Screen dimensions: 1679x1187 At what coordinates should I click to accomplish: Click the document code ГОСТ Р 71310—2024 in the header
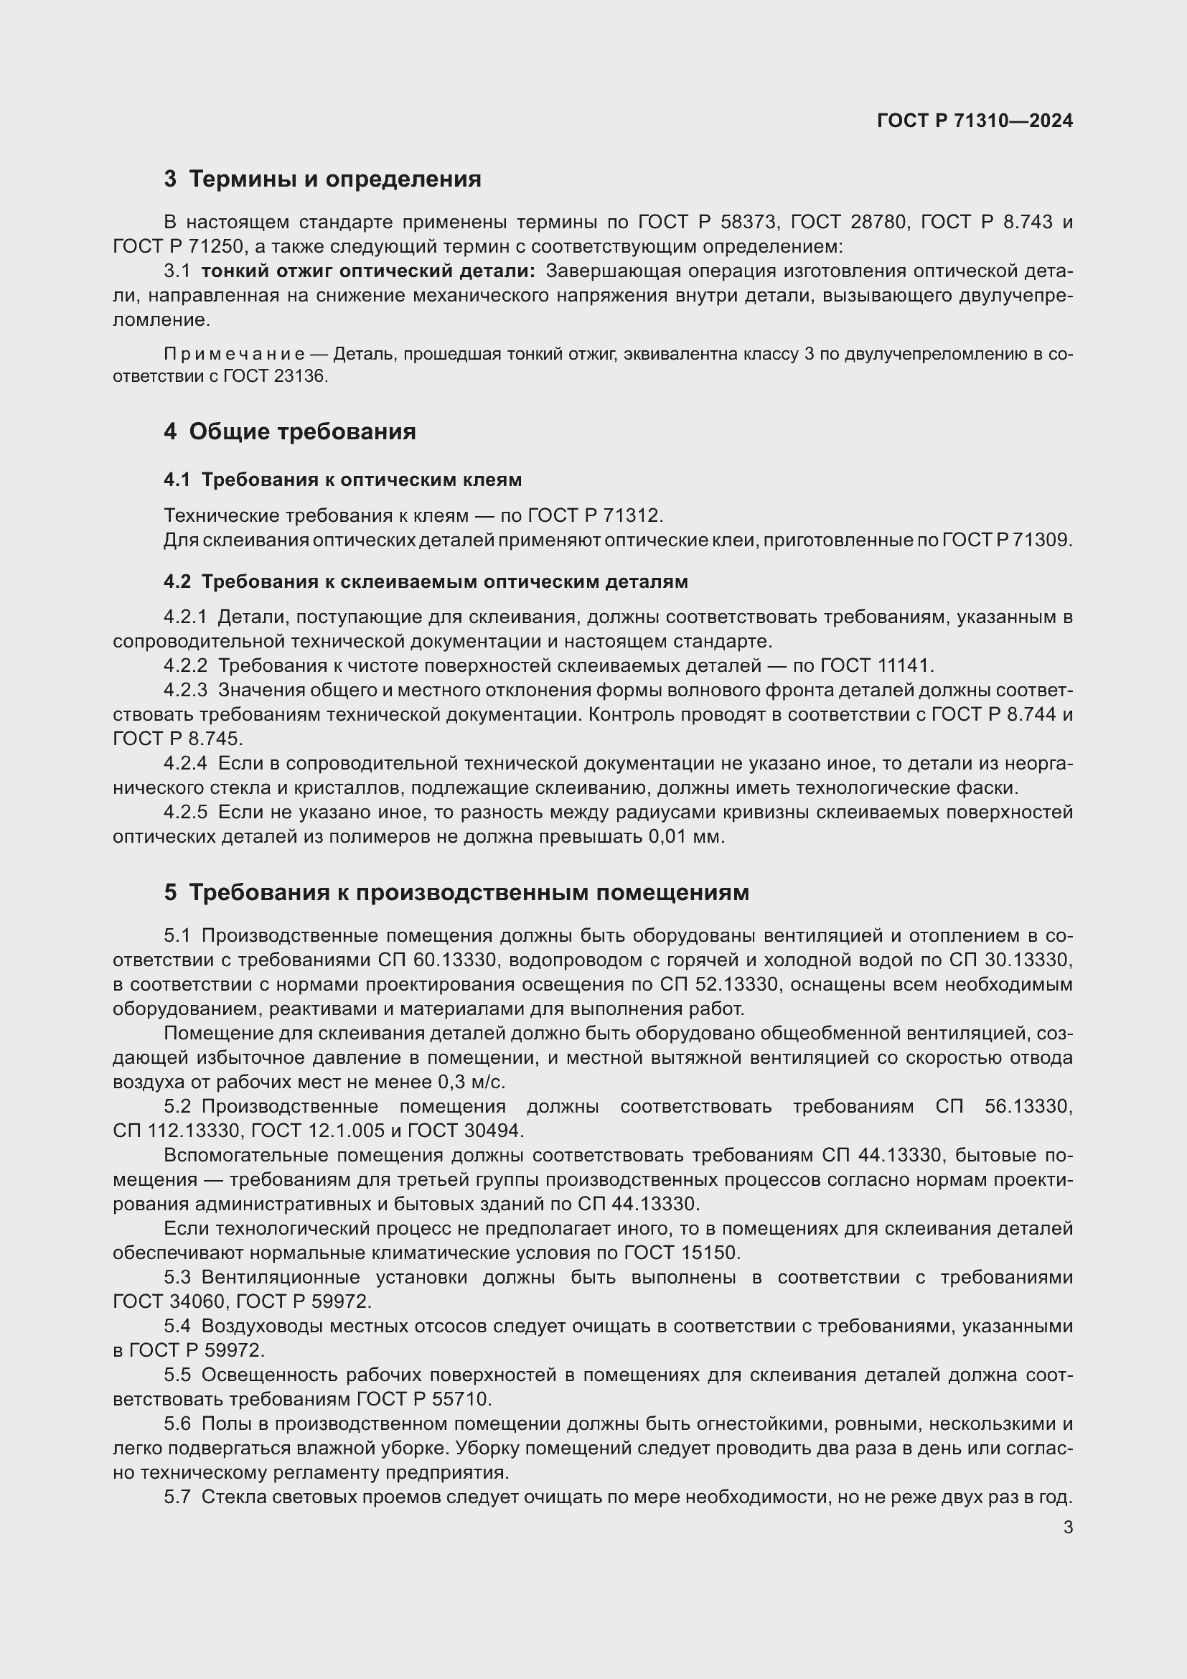click(x=975, y=121)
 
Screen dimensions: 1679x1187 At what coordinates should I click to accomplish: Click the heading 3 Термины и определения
click(x=322, y=179)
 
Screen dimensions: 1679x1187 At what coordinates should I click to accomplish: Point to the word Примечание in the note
click(x=235, y=354)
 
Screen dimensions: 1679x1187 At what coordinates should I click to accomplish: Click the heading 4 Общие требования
click(x=289, y=431)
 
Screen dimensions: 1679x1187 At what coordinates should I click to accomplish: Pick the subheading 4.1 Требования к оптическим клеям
click(x=343, y=480)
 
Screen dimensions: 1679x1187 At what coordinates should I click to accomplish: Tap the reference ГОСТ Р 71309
click(x=1006, y=541)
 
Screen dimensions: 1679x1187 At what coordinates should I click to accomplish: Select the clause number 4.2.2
click(x=186, y=665)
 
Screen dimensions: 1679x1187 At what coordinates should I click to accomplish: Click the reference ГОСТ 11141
click(x=876, y=665)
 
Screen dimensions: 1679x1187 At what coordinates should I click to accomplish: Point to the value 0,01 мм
click(x=685, y=836)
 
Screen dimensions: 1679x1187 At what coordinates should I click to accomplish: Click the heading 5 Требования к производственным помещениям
click(x=456, y=892)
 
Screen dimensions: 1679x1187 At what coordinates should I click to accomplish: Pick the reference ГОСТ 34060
click(x=171, y=1301)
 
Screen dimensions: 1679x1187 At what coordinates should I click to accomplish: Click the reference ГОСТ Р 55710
click(x=423, y=1399)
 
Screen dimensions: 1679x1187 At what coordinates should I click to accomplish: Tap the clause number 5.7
click(x=177, y=1497)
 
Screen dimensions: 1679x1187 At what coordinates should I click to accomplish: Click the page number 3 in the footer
click(x=1067, y=1528)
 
